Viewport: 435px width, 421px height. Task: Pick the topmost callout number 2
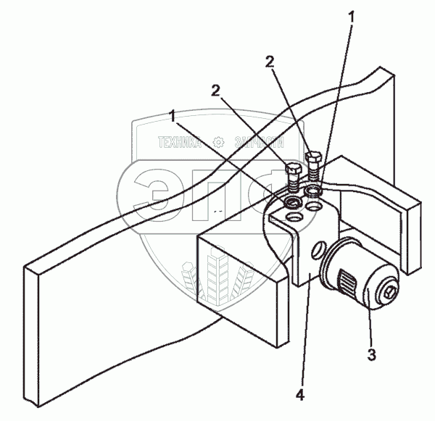coord(271,62)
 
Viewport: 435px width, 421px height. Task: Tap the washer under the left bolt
coord(294,199)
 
